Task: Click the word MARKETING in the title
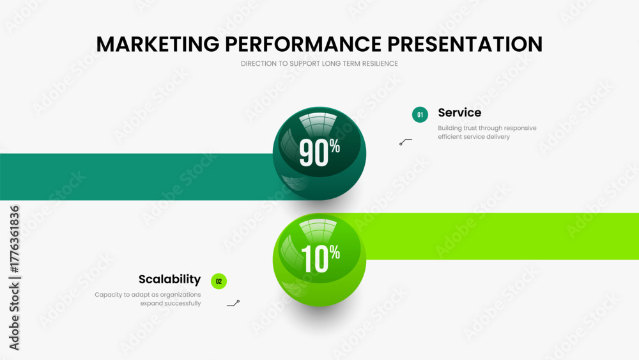click(158, 44)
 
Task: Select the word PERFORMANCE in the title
click(303, 44)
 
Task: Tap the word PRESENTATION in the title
click(465, 44)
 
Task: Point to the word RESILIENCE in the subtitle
click(379, 63)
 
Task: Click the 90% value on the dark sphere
click(319, 152)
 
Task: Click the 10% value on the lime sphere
click(320, 258)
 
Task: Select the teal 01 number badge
click(420, 114)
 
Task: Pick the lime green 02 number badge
click(219, 281)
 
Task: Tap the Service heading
click(459, 113)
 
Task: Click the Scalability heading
click(169, 279)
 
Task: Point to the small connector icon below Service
click(406, 142)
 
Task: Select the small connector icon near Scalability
click(233, 303)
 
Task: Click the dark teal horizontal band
click(137, 176)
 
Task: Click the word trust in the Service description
click(470, 128)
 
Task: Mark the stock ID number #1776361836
click(14, 239)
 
